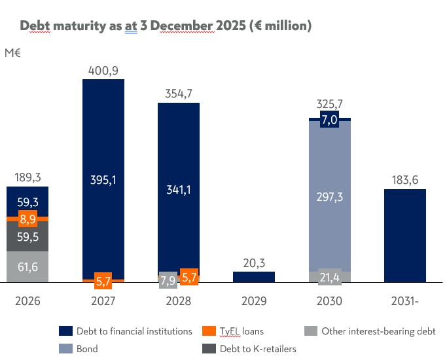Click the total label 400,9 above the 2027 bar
point(103,70)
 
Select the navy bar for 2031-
point(405,236)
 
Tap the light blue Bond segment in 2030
point(330,197)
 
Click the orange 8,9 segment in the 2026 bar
point(27,219)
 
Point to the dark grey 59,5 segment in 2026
point(27,237)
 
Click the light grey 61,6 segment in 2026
point(27,267)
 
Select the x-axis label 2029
point(254,302)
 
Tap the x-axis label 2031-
point(405,302)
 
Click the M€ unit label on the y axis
point(13,54)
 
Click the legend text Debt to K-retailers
point(259,349)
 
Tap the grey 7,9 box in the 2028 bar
point(168,280)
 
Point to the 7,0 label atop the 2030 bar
point(329,119)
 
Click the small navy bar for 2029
point(254,277)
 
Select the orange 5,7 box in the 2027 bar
point(103,280)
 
